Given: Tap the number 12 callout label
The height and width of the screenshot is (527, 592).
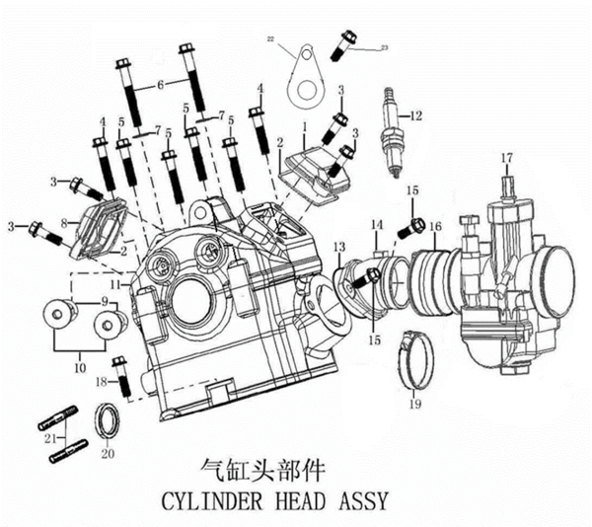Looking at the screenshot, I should point(415,116).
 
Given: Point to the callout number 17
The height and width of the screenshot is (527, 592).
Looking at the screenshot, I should point(505,158).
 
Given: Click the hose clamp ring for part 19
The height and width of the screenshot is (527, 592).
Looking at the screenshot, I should point(413,356).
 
